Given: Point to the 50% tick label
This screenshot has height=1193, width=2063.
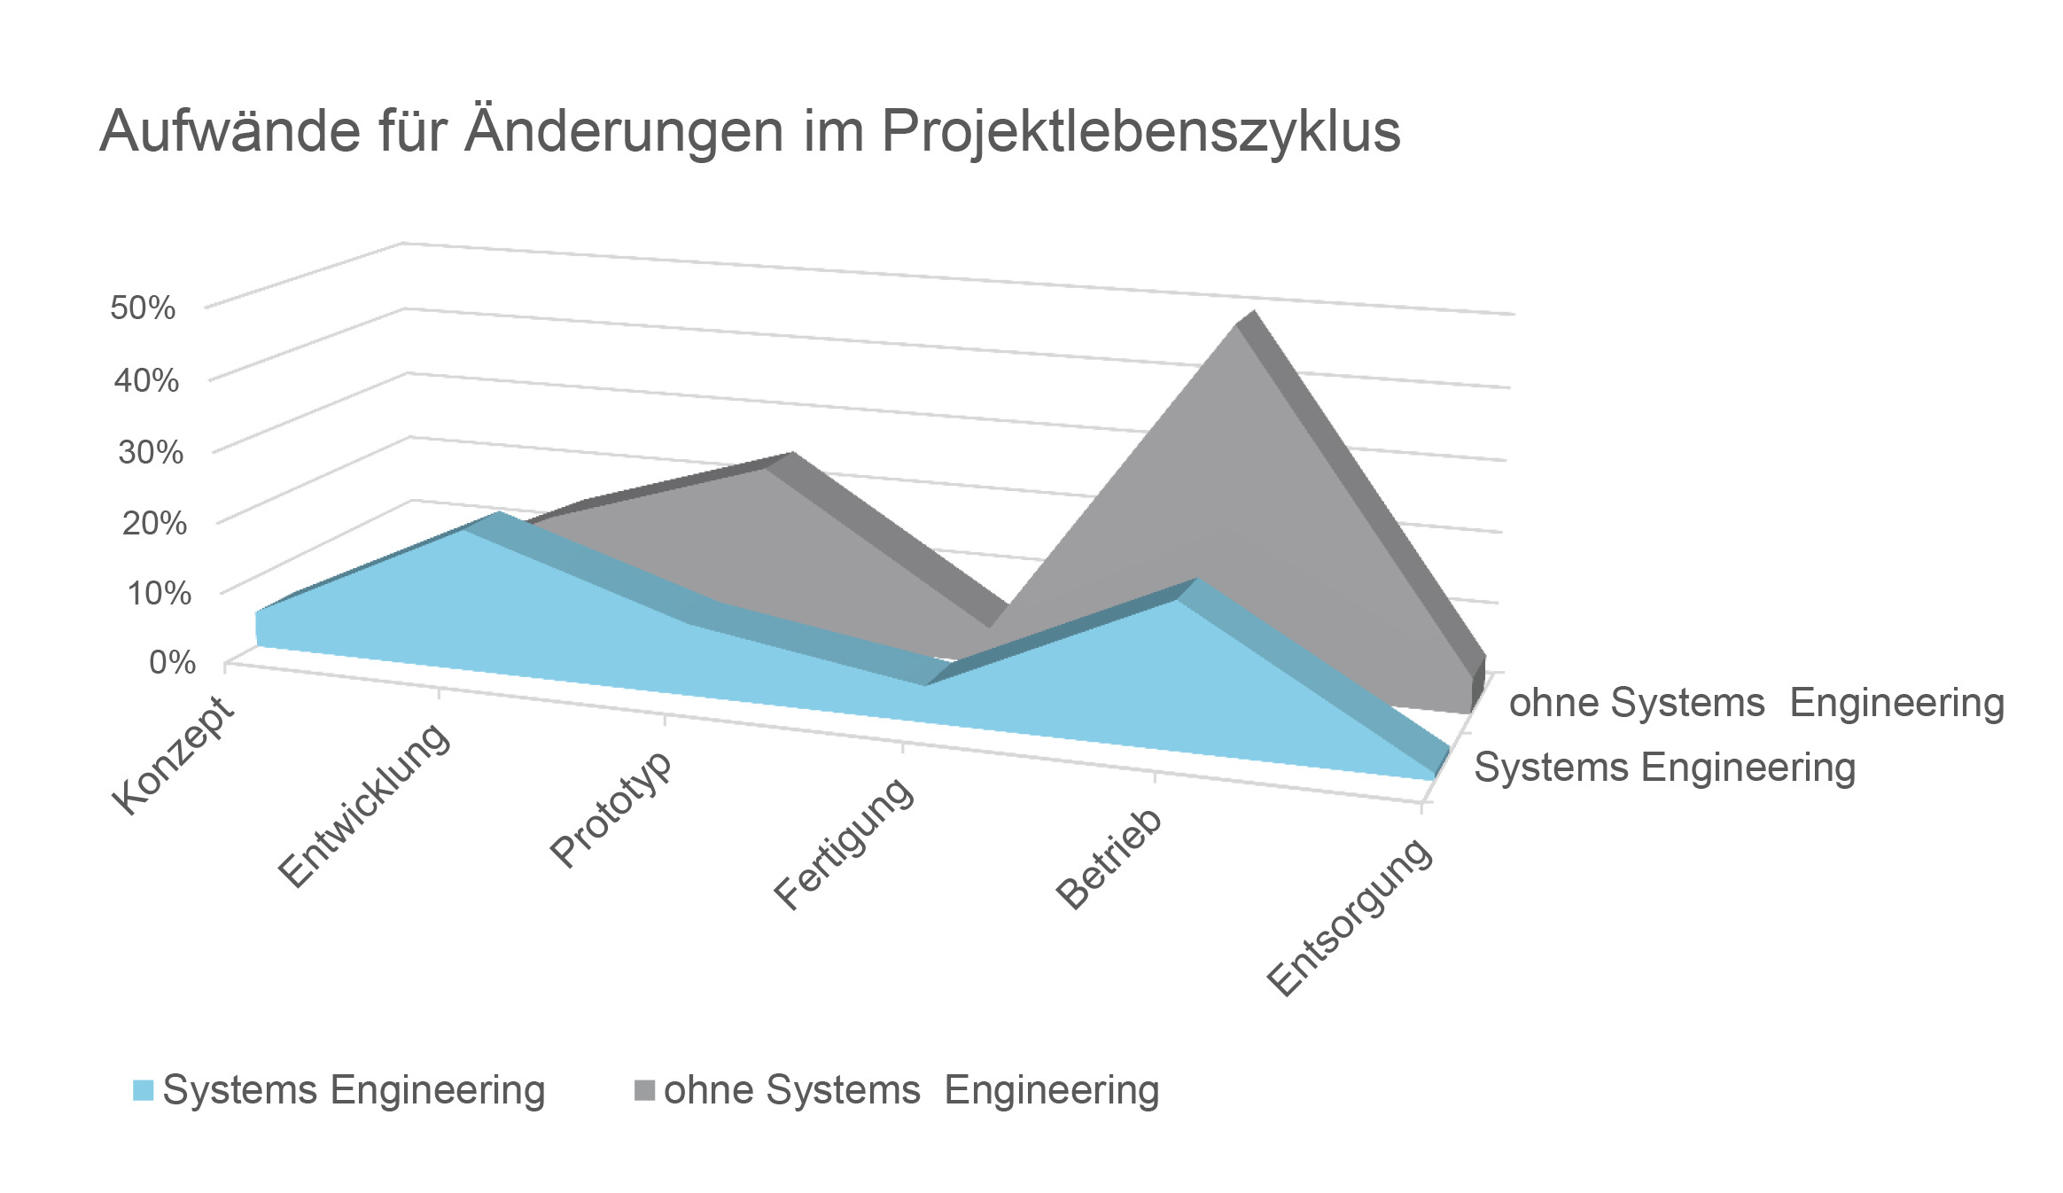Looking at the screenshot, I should click(143, 308).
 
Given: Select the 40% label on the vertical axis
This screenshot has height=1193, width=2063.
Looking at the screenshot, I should click(146, 380).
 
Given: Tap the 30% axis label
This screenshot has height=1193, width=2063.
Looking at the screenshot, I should click(151, 452).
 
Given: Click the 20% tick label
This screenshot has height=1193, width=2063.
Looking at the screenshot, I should click(154, 523).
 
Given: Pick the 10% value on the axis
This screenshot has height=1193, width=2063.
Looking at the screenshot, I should click(159, 593).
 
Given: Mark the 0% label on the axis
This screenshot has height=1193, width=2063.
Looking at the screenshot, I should click(173, 662).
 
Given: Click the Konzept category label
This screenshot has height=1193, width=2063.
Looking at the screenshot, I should click(174, 755).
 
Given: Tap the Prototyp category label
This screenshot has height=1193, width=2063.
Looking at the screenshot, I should click(611, 810).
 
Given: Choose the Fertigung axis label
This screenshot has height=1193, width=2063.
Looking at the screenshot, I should click(844, 843).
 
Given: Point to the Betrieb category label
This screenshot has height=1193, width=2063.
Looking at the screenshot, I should click(1109, 859).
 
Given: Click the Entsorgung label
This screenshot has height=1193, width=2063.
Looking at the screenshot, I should click(1349, 916).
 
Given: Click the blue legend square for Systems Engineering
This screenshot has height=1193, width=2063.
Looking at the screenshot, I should click(143, 1090).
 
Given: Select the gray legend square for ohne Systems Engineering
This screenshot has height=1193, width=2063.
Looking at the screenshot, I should click(644, 1090).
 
